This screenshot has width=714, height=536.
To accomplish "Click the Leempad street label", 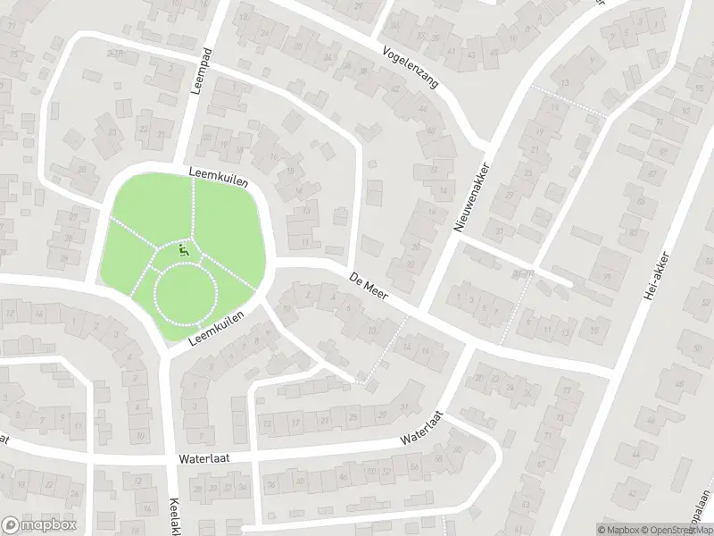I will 198,65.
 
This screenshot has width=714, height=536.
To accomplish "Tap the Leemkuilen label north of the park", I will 218,176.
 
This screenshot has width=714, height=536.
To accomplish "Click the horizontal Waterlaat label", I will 203,459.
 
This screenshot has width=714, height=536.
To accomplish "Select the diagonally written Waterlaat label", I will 423,427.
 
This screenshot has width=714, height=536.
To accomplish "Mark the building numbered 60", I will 695,346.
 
